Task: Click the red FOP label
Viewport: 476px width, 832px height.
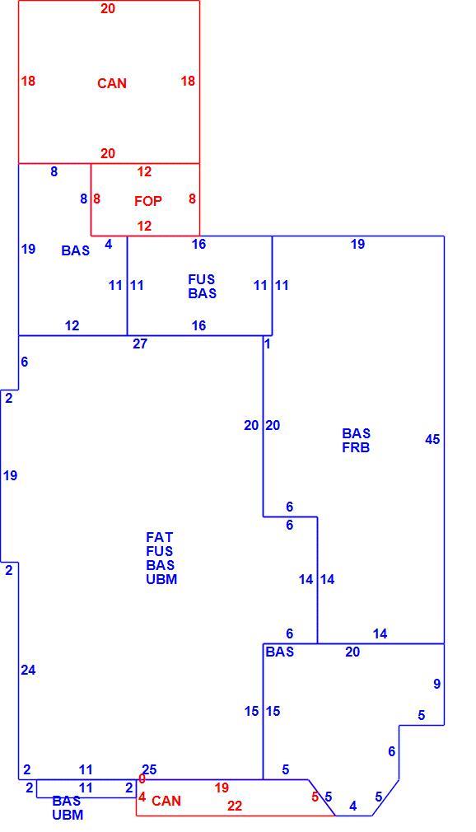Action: (148, 201)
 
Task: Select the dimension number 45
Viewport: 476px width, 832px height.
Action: (432, 439)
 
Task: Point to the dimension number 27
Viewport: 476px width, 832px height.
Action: (139, 344)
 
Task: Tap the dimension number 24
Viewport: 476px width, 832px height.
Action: (28, 671)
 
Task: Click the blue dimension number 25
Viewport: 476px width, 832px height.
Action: (150, 770)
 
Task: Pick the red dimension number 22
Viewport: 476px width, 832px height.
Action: (235, 806)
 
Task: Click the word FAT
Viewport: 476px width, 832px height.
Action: (160, 538)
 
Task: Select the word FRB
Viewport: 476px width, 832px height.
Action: (356, 447)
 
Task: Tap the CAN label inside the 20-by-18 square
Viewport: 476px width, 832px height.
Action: (112, 83)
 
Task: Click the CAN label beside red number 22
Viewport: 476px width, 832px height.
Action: (166, 801)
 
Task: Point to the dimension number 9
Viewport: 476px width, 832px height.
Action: (436, 684)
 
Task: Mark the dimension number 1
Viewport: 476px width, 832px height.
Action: (268, 344)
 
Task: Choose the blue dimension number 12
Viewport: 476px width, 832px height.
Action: (72, 325)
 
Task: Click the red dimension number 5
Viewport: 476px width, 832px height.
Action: (315, 797)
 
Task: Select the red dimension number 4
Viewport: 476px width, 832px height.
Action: (142, 797)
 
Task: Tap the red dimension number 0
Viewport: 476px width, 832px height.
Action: (142, 779)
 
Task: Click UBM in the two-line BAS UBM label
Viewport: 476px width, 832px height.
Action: (68, 815)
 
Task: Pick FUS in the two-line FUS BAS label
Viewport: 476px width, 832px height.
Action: (202, 279)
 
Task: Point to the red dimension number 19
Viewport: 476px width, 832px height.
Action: (222, 788)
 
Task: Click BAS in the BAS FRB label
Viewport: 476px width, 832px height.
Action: (356, 433)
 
